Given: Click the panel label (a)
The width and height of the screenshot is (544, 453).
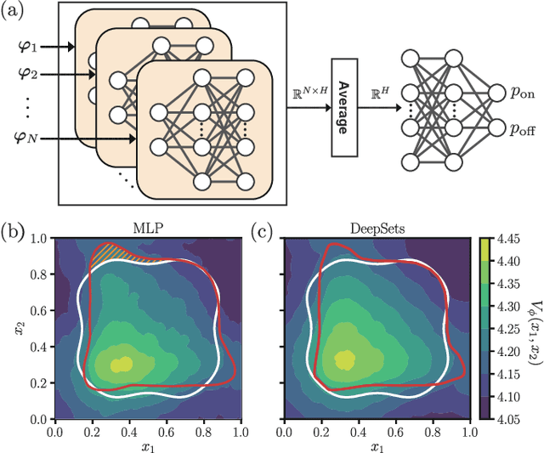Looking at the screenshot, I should [x=18, y=13].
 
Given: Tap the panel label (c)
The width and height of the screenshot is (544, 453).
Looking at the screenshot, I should [x=265, y=229].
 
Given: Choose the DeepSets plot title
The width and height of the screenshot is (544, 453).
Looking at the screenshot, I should [x=376, y=229].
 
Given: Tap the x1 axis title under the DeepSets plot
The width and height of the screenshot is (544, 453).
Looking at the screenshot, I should [x=376, y=445].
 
